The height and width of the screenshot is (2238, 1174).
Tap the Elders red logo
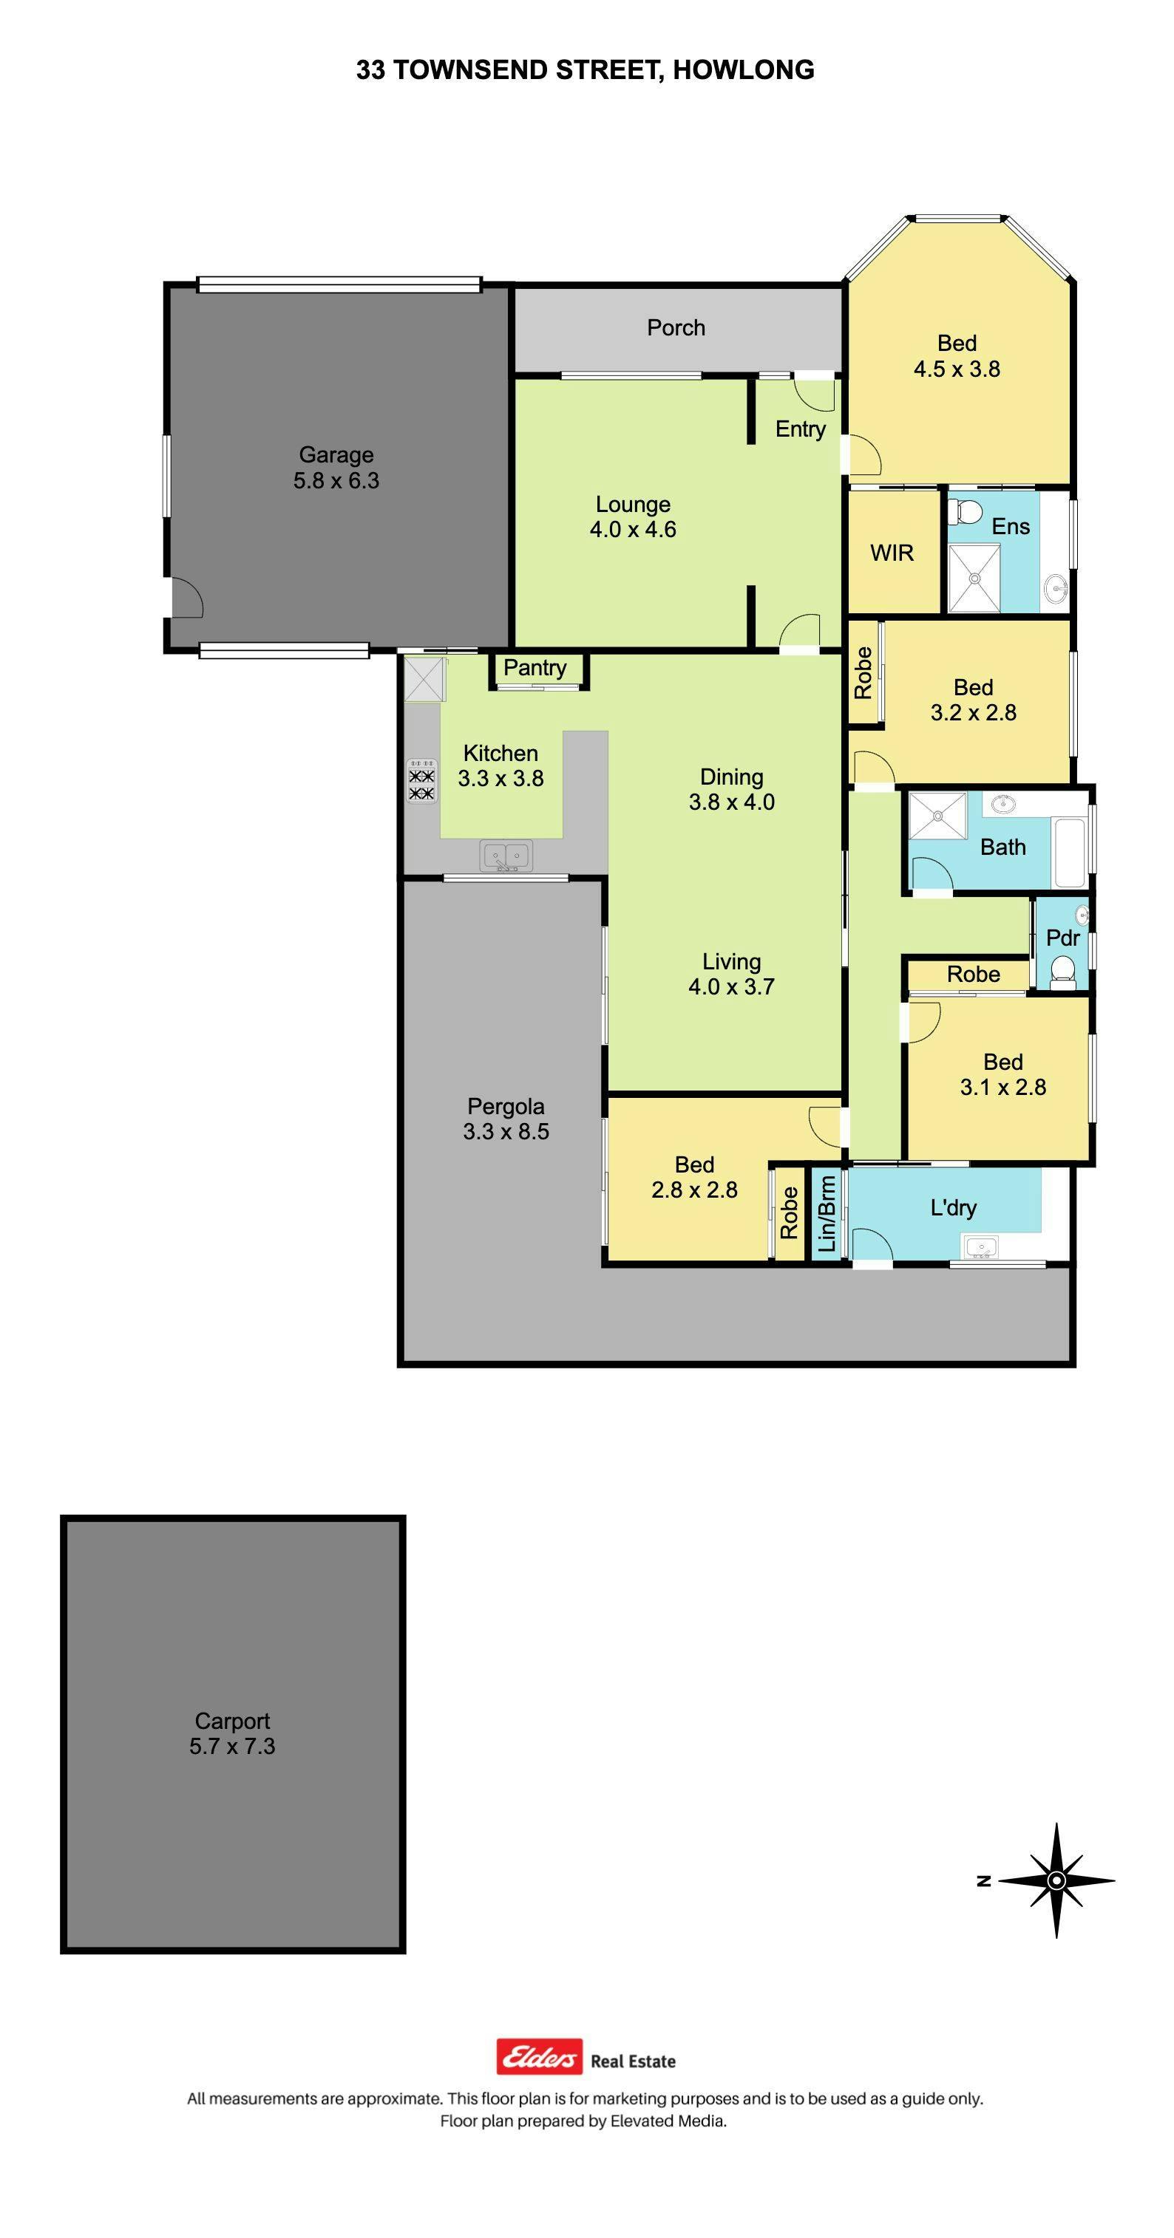coord(539,2056)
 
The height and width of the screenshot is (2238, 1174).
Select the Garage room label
coord(336,454)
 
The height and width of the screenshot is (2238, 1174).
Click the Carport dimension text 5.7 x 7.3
coord(232,1746)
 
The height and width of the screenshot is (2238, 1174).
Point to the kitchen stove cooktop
coord(421,779)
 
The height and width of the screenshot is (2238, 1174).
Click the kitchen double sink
coord(506,856)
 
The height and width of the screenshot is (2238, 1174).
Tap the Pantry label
coord(535,667)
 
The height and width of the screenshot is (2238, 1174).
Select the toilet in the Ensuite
coord(965,512)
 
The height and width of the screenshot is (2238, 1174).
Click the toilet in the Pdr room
coord(1062,972)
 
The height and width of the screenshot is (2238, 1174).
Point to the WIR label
coord(892,553)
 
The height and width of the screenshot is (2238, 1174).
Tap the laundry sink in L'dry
coord(981,1249)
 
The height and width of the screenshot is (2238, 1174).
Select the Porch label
coord(676,327)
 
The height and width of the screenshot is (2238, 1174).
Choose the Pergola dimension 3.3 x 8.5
coord(506,1131)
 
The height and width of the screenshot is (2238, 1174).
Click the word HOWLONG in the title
coord(744,69)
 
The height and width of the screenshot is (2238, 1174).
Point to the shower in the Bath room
coord(937,816)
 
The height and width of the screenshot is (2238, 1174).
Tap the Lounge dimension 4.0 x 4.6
coord(633,529)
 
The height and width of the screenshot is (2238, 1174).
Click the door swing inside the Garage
coord(186,598)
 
